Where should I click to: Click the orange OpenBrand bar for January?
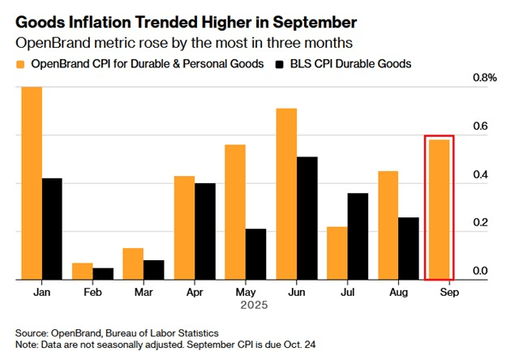click(32, 183)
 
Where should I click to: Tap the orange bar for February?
click(81, 271)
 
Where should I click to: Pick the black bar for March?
click(154, 270)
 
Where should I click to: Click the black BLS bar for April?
click(204, 231)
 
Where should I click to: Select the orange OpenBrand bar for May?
click(234, 212)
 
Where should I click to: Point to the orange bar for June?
click(285, 194)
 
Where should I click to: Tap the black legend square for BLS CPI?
click(280, 63)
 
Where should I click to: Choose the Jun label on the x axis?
click(295, 293)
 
